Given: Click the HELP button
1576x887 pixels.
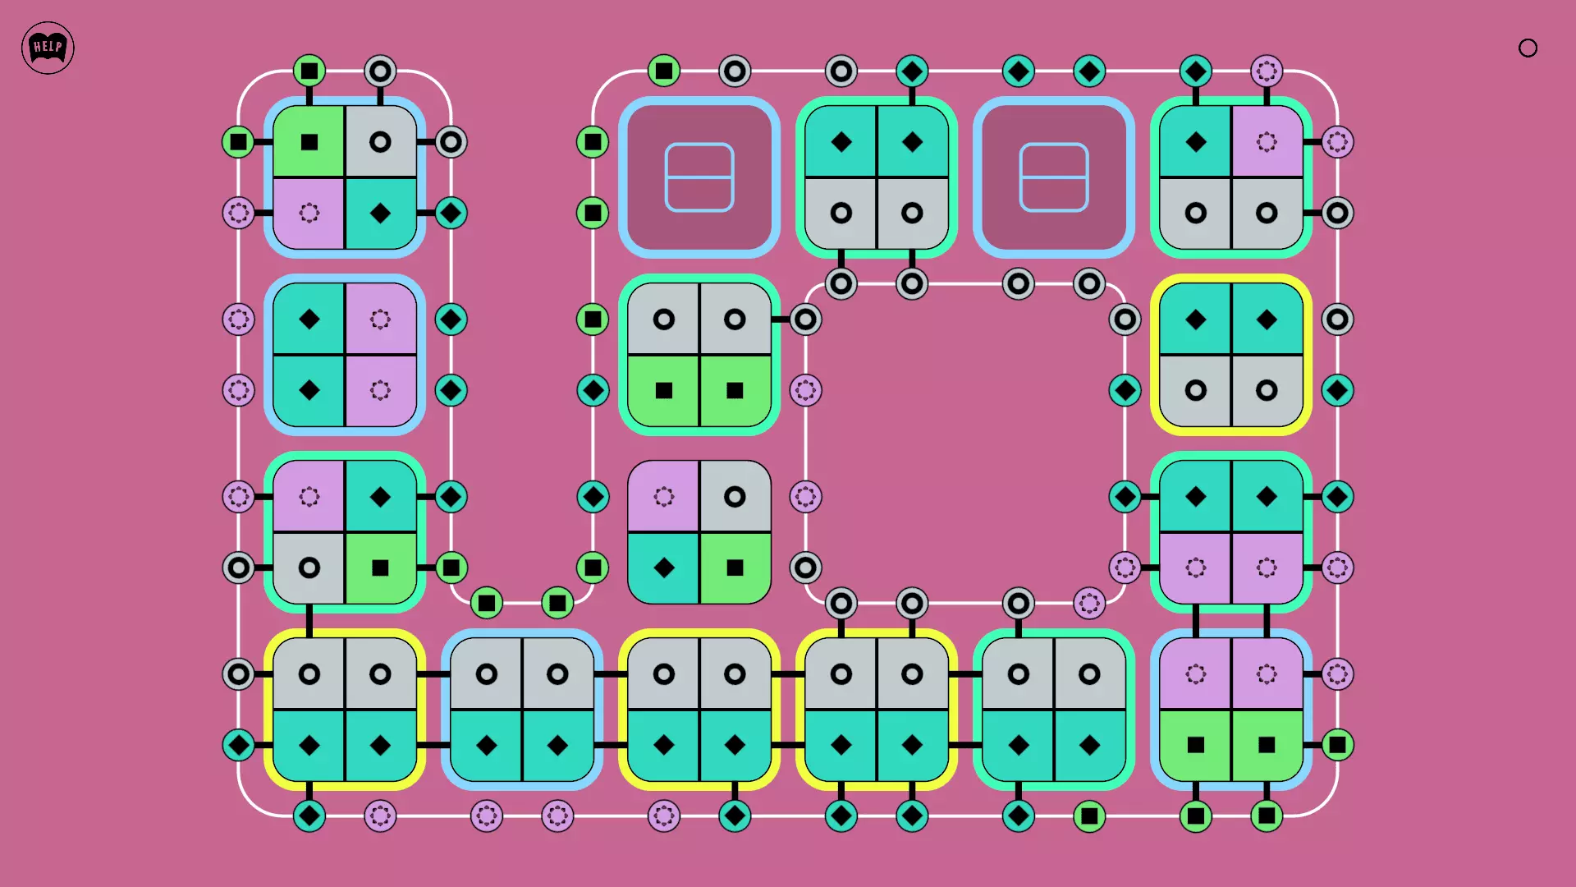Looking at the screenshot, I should click(48, 48).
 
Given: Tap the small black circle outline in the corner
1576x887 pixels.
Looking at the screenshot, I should click(1528, 48).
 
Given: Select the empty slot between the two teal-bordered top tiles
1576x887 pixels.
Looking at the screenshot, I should click(1054, 177).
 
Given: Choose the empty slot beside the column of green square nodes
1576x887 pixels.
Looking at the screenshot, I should click(699, 177).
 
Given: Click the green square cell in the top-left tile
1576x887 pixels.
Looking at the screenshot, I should click(309, 142).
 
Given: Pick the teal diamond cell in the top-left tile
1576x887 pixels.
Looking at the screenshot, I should click(380, 214).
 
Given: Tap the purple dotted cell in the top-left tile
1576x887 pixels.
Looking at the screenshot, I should click(309, 214).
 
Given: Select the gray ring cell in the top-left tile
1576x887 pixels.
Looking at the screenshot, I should click(380, 142).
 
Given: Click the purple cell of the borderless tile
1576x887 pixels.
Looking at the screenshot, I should click(664, 497).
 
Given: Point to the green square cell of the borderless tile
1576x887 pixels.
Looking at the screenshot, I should click(735, 568).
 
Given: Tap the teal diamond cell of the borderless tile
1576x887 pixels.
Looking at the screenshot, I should click(664, 568).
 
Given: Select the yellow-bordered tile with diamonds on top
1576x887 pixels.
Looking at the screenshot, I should click(1231, 355).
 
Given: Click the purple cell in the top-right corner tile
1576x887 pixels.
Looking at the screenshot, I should click(1267, 142).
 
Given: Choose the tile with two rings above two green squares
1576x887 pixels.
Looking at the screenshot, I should click(699, 355).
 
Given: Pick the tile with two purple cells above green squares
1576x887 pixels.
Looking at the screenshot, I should click(1231, 710).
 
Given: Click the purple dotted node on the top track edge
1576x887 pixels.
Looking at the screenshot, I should click(1267, 71).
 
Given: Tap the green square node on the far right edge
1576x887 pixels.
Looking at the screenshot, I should click(1337, 745).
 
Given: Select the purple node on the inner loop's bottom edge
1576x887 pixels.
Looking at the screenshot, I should click(1089, 604).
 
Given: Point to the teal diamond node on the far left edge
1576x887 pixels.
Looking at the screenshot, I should click(239, 745).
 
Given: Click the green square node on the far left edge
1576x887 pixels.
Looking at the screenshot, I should click(239, 142).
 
